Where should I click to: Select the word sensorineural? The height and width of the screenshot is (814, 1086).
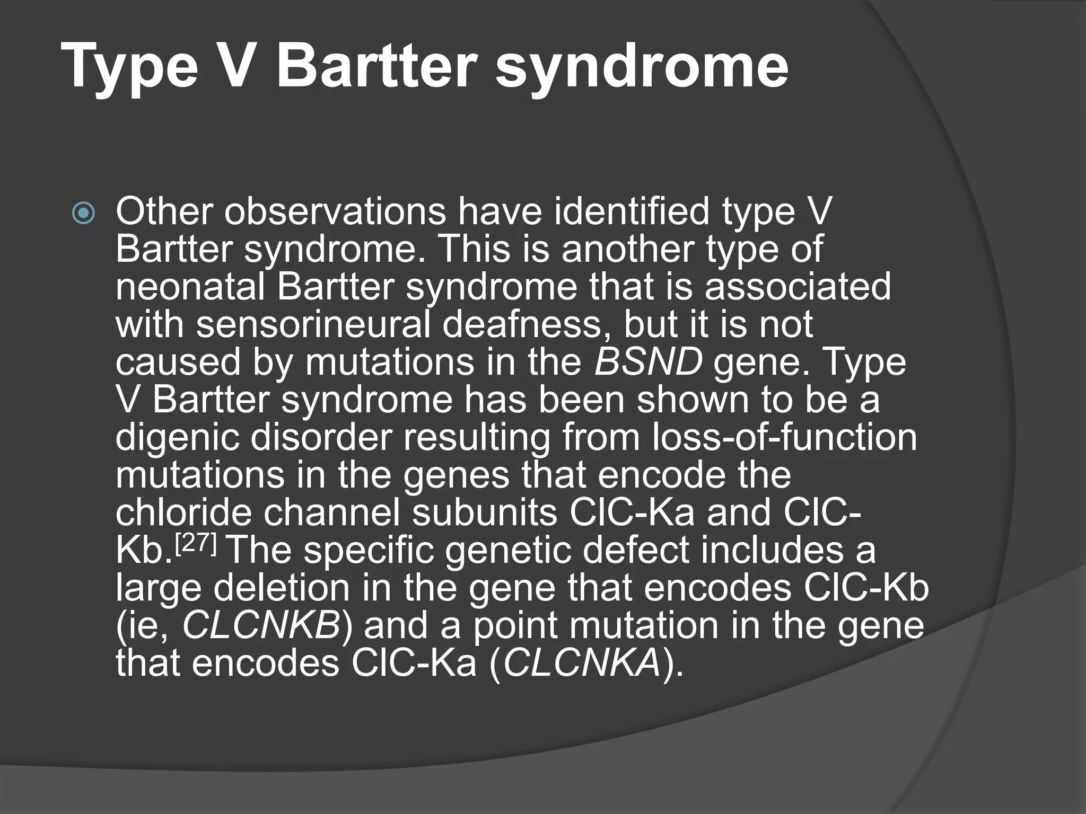point(313,324)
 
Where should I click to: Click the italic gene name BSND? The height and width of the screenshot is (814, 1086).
point(648,362)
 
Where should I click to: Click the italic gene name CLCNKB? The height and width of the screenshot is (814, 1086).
point(261,626)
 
